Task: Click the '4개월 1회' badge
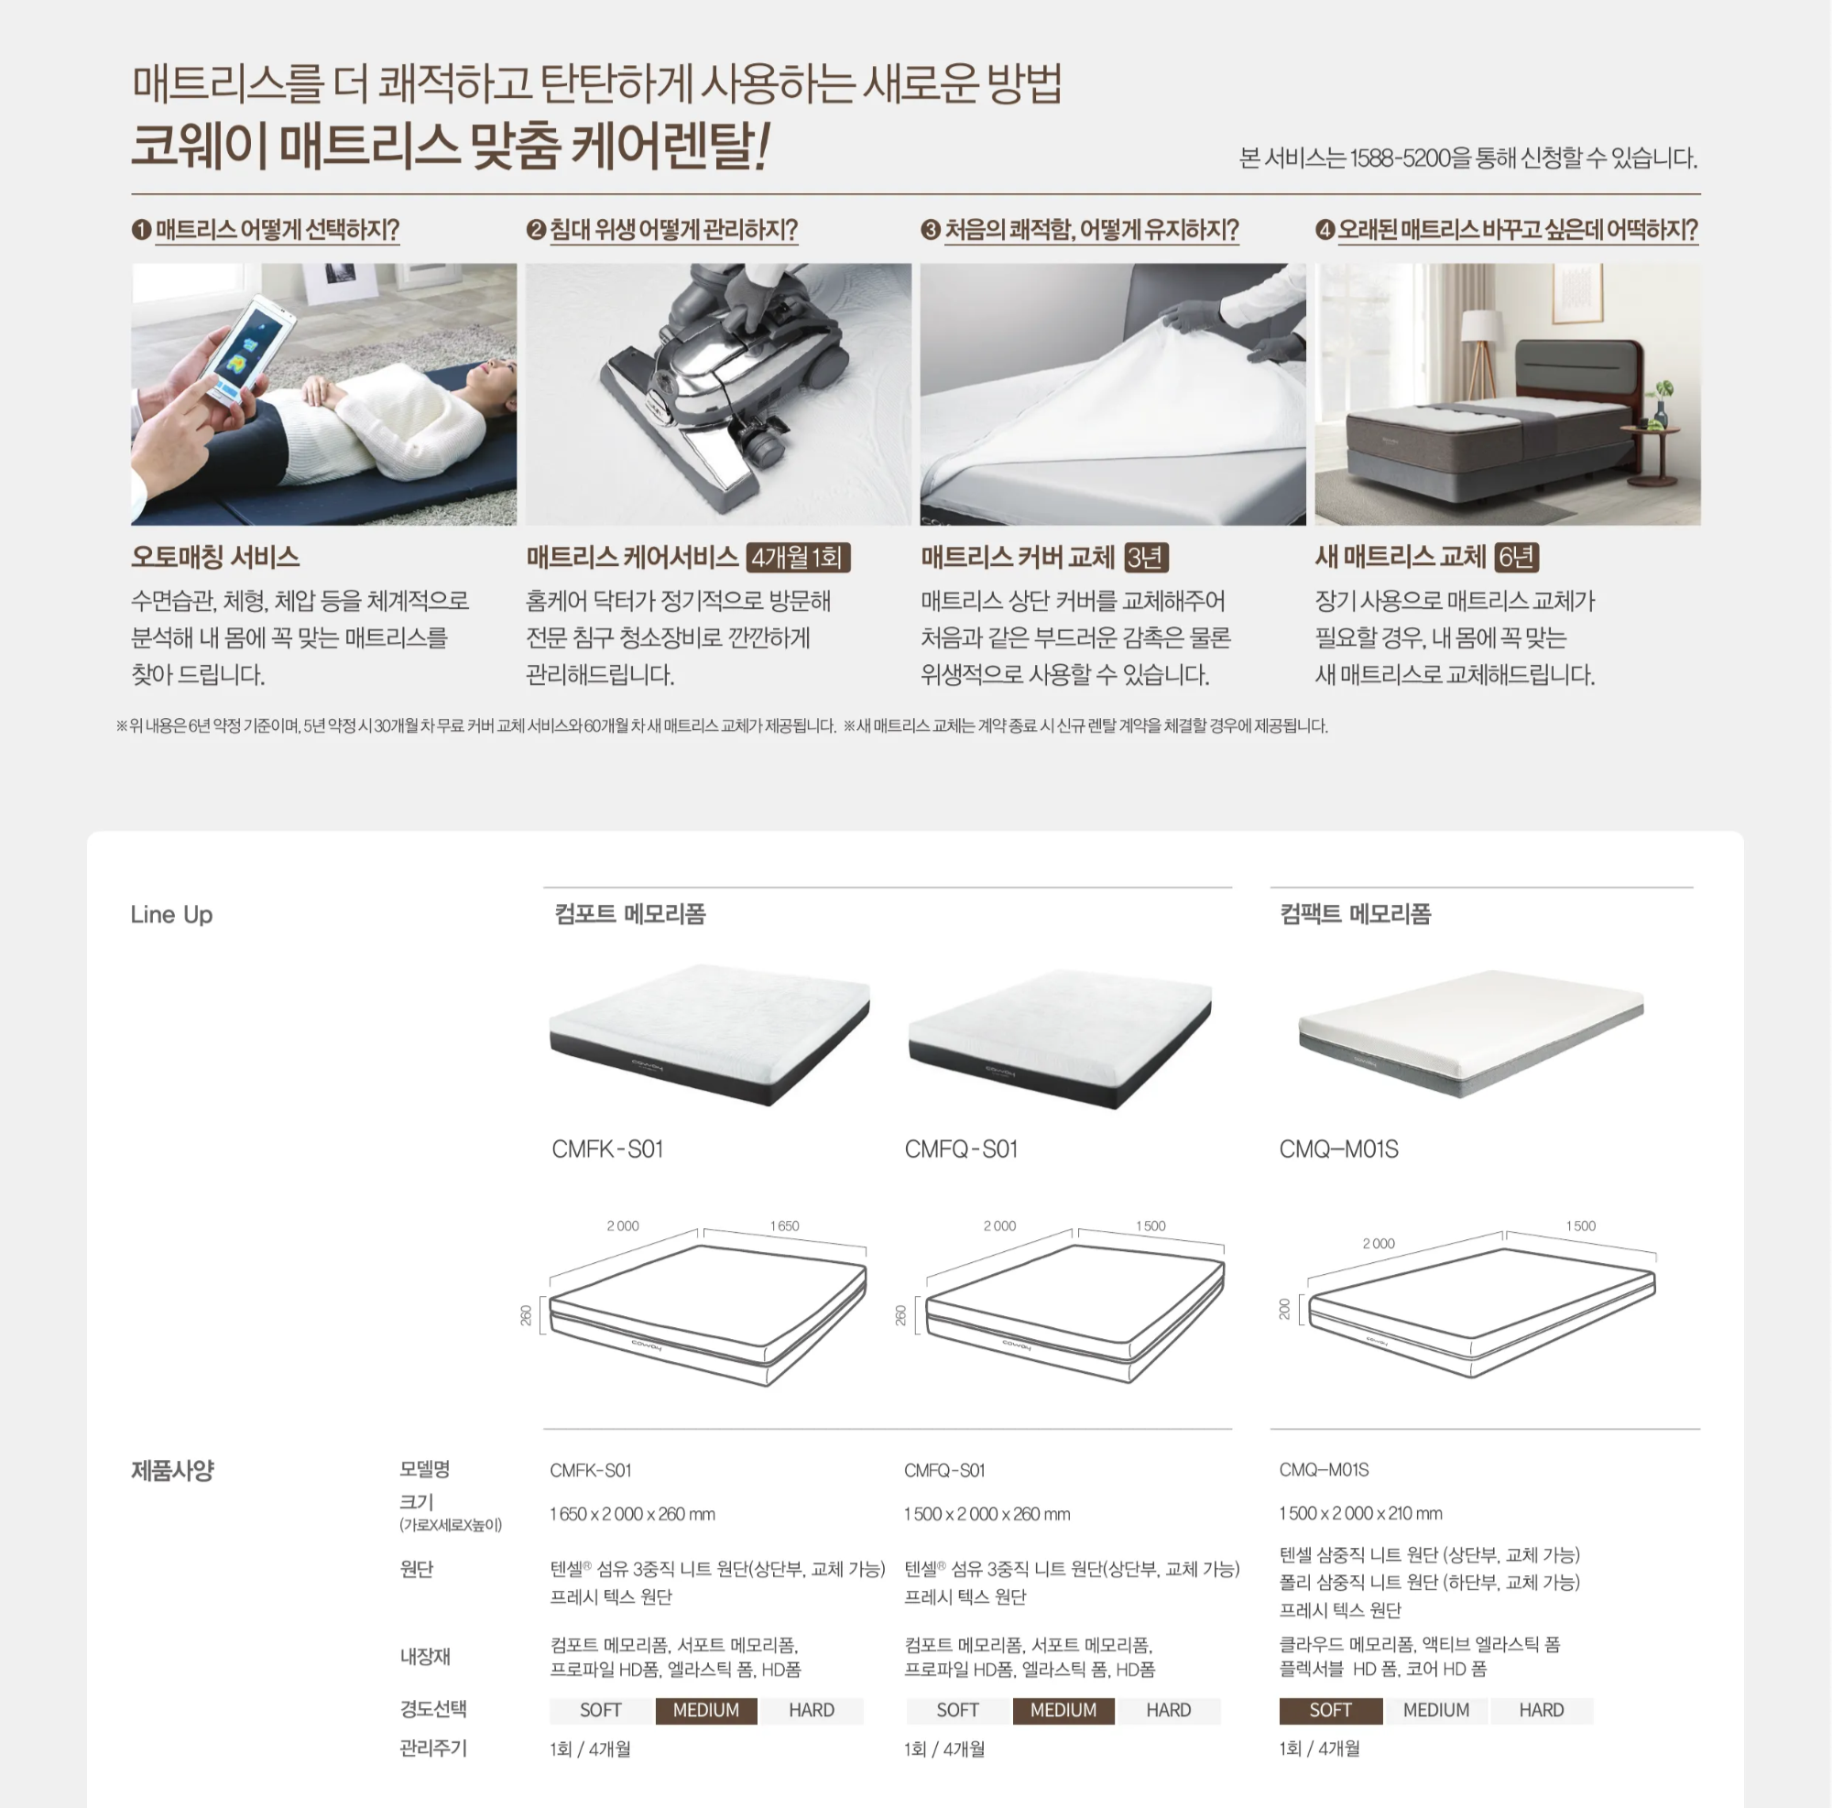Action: pyautogui.click(x=798, y=558)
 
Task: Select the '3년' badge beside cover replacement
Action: pyautogui.click(x=1146, y=558)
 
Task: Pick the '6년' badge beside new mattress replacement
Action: pyautogui.click(x=1515, y=558)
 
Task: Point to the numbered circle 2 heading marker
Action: pyautogui.click(x=536, y=230)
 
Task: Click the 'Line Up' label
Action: pyautogui.click(x=171, y=915)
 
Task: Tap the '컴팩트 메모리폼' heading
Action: pyautogui.click(x=1355, y=914)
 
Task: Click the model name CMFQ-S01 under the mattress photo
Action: pyautogui.click(x=961, y=1149)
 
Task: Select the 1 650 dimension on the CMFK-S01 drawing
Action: pyautogui.click(x=784, y=1225)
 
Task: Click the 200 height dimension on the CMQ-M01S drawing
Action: pyautogui.click(x=1285, y=1310)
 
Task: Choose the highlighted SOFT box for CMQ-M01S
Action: pyautogui.click(x=1330, y=1710)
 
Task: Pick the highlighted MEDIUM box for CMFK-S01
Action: pyautogui.click(x=705, y=1710)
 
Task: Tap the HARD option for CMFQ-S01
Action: pyautogui.click(x=1168, y=1710)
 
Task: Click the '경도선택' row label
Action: pyautogui.click(x=433, y=1709)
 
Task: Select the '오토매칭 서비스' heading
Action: pyautogui.click(x=215, y=557)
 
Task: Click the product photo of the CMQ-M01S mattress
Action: pyautogui.click(x=1471, y=1032)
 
